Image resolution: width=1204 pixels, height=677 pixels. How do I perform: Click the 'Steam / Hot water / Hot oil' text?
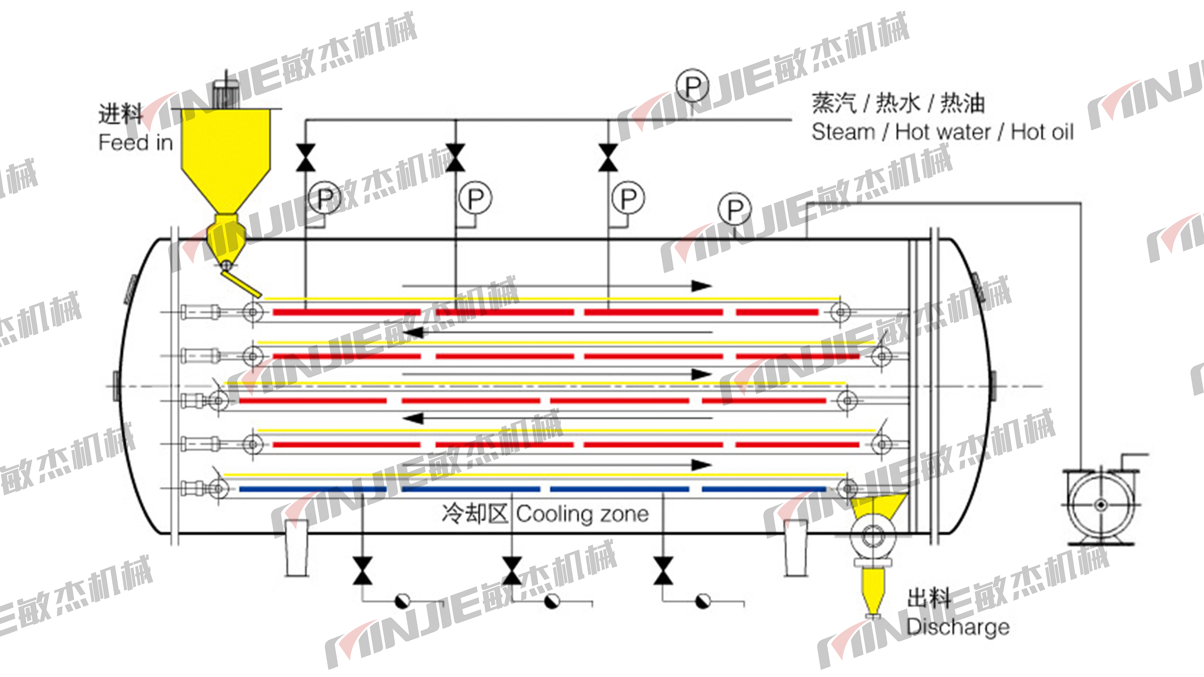click(x=942, y=132)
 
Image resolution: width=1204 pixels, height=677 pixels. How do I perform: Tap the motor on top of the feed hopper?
click(x=226, y=93)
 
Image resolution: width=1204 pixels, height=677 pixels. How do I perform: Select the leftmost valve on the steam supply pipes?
click(x=306, y=158)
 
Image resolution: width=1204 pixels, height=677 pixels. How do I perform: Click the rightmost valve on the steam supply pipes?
click(x=608, y=158)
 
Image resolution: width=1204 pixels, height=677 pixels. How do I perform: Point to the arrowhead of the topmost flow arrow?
click(x=702, y=286)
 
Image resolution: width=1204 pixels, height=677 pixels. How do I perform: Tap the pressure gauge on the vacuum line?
click(x=735, y=209)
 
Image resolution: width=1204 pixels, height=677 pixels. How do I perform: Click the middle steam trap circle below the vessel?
click(x=552, y=601)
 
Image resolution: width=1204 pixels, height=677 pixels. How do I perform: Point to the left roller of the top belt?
click(x=252, y=312)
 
